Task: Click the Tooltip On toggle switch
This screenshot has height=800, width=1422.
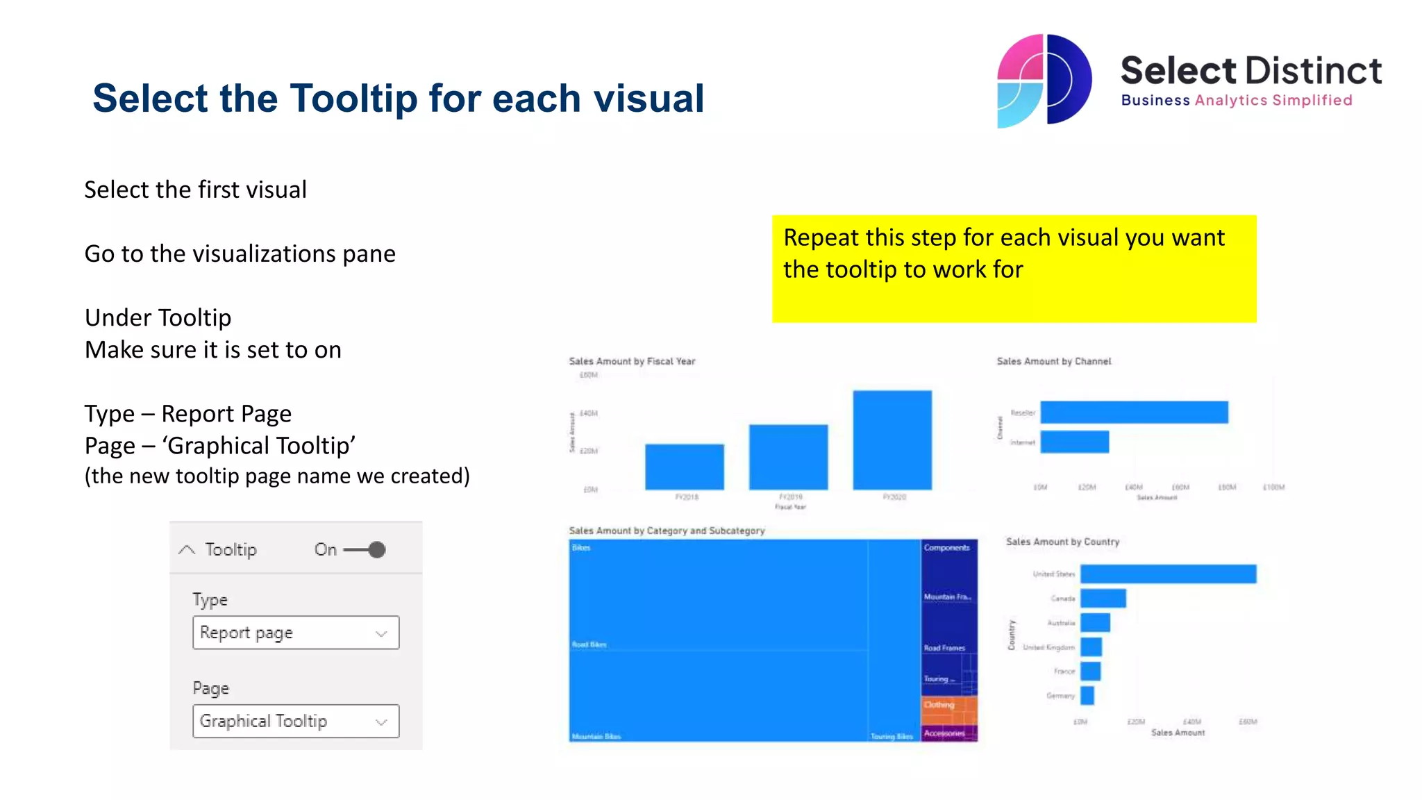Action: click(365, 550)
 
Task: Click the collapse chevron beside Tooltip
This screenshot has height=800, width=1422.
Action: click(186, 550)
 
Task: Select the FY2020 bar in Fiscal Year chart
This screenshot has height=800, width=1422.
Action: click(892, 440)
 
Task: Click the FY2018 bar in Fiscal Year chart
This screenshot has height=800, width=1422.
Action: click(684, 467)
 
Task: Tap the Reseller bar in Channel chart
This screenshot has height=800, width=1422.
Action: click(1134, 412)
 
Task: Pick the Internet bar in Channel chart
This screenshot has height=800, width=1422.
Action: click(1074, 442)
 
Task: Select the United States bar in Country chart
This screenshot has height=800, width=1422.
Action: click(1168, 574)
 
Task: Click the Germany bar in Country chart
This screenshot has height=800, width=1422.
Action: click(1087, 695)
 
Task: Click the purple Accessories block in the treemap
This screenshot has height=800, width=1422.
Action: click(949, 734)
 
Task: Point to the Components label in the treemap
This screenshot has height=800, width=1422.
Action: click(946, 548)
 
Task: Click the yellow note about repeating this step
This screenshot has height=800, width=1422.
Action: click(1014, 269)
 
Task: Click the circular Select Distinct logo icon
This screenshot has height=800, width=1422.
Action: click(1044, 81)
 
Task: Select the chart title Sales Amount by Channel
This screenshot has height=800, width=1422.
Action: click(1053, 361)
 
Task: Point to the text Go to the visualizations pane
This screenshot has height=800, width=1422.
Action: click(240, 254)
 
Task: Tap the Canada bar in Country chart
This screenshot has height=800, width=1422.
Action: click(1103, 598)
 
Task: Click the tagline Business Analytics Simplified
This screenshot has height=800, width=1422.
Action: click(1236, 101)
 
